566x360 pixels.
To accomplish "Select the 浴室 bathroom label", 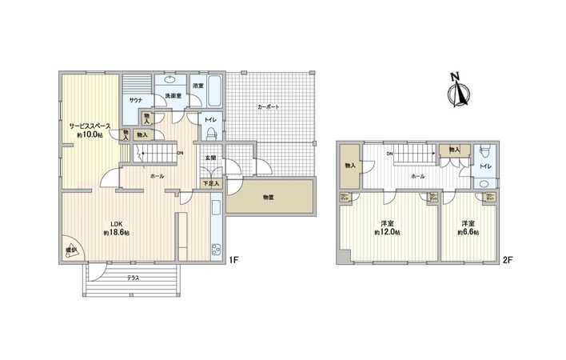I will (x=197, y=86).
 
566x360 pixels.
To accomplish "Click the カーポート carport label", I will (x=268, y=106).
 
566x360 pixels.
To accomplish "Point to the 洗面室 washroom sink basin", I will (x=169, y=80).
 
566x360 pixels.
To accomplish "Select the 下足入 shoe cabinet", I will (x=210, y=183).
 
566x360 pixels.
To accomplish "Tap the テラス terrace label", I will (x=134, y=278).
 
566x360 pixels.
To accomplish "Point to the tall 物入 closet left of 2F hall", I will (x=349, y=166).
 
